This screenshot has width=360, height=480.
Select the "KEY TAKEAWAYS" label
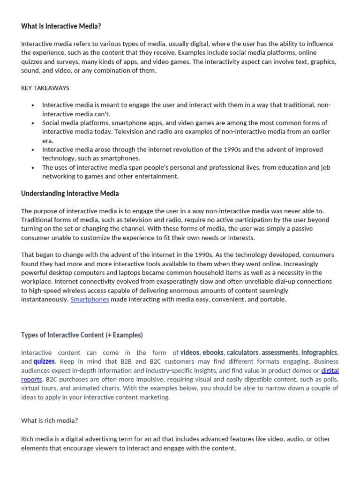click(x=45, y=88)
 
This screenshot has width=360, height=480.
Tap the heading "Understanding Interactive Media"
click(x=70, y=193)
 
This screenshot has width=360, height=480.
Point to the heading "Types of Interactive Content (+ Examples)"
click(x=82, y=335)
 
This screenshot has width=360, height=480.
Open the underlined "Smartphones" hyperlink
click(x=90, y=299)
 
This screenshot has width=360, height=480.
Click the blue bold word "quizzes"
click(x=44, y=361)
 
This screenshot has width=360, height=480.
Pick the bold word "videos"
click(x=190, y=352)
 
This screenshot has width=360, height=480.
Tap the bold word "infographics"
click(x=319, y=352)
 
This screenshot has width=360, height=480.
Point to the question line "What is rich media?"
click(x=50, y=420)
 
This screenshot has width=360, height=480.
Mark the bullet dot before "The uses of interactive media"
click(x=33, y=167)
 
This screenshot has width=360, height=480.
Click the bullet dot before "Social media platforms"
click(x=33, y=123)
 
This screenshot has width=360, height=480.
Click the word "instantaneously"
click(x=45, y=299)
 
